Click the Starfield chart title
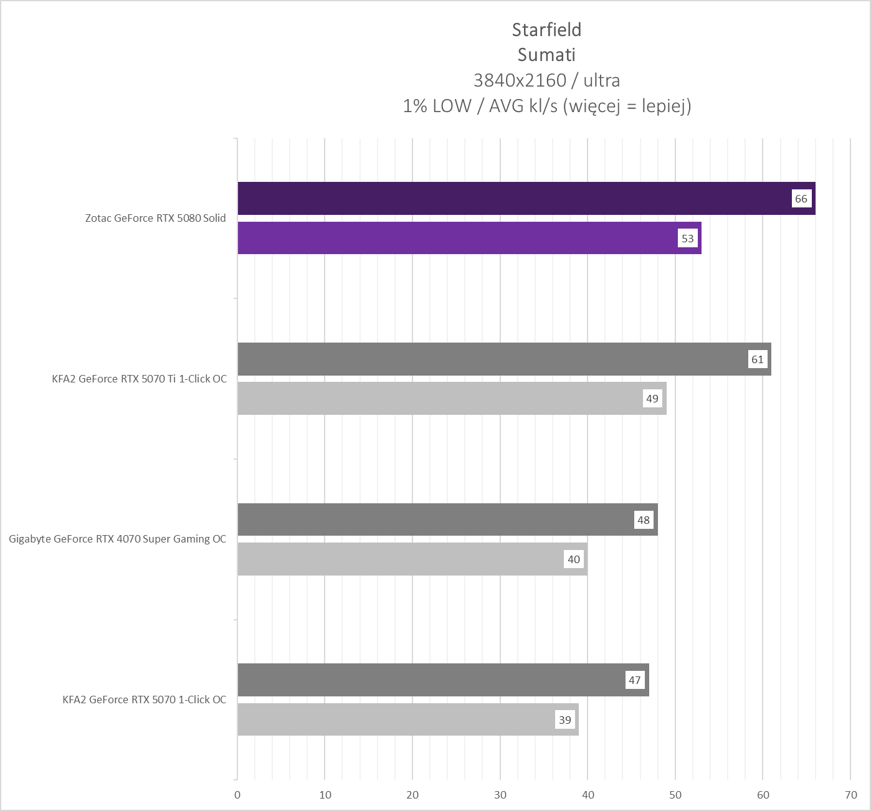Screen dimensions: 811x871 click(x=546, y=30)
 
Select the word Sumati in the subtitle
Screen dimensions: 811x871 click(x=546, y=55)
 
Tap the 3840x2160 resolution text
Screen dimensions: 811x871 click(x=520, y=80)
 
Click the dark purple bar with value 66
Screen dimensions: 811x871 click(x=511, y=199)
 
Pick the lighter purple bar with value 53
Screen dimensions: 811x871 click(x=455, y=238)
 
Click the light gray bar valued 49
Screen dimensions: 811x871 click(x=436, y=399)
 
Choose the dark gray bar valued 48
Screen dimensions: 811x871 click(x=436, y=519)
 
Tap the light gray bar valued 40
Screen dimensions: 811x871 click(x=399, y=559)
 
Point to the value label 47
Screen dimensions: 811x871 click(x=635, y=680)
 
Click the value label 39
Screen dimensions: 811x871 click(x=565, y=720)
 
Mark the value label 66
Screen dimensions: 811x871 click(x=801, y=199)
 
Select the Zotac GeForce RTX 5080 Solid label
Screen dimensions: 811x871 click(x=156, y=218)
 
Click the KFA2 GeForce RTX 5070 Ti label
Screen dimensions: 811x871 click(x=140, y=379)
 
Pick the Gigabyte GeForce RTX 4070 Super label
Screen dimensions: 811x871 click(x=118, y=539)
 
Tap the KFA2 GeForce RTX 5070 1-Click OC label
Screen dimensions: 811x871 click(x=145, y=700)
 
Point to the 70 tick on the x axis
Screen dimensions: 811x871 click(x=851, y=795)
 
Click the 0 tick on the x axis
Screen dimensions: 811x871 click(x=237, y=795)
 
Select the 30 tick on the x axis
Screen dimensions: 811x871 click(x=500, y=795)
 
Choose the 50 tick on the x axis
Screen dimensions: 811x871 click(x=675, y=795)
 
